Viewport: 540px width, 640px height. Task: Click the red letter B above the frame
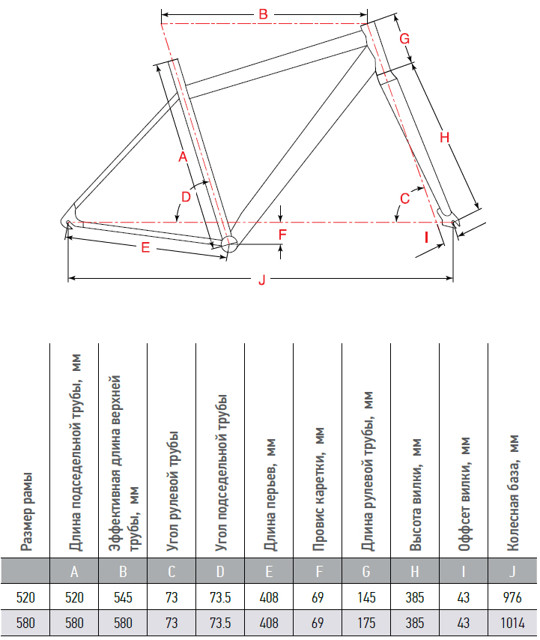point(263,13)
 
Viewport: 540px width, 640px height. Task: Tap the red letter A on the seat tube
point(181,157)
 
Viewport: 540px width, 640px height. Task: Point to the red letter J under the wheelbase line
point(261,280)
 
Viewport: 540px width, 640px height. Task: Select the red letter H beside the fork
point(443,137)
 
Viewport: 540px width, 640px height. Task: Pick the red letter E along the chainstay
point(145,248)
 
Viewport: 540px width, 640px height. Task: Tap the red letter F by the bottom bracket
point(282,235)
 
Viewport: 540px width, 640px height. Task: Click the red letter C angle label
point(404,199)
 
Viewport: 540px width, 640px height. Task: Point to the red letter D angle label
point(186,196)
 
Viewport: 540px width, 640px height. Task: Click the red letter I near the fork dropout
point(426,238)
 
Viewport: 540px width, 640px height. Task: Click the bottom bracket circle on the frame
point(228,242)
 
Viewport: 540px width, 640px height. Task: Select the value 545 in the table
point(123,597)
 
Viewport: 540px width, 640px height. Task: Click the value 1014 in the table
point(512,623)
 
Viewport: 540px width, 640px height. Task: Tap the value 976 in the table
point(512,597)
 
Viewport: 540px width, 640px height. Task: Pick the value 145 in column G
point(366,597)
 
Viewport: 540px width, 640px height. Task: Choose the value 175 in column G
point(366,623)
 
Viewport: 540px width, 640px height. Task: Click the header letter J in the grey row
point(512,572)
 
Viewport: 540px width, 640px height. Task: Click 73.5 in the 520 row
point(220,597)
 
